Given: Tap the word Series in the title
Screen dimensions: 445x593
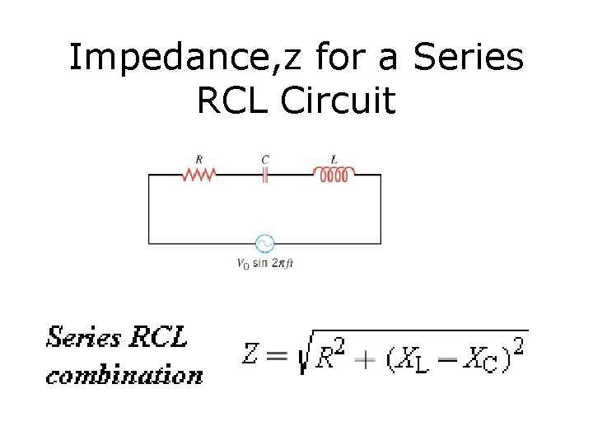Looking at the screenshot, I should tap(468, 59).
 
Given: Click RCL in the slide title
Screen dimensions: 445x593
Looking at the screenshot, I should tap(233, 101).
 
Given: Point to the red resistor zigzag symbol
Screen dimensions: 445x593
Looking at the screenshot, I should tap(198, 175).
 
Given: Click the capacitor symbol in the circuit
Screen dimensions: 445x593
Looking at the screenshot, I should tap(265, 175).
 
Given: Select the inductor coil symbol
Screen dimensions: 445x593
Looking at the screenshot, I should tap(334, 173).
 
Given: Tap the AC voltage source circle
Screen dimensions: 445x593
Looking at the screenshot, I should tap(264, 244).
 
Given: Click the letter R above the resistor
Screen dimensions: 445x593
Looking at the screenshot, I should tap(198, 159).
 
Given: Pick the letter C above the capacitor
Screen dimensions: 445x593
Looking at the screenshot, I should tap(265, 159).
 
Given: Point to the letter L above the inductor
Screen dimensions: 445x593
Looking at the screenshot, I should tap(334, 159).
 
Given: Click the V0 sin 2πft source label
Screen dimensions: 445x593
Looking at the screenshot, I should tap(264, 265).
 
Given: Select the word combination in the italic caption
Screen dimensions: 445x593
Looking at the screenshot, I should tap(124, 375).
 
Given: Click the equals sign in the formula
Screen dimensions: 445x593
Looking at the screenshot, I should tap(277, 356).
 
